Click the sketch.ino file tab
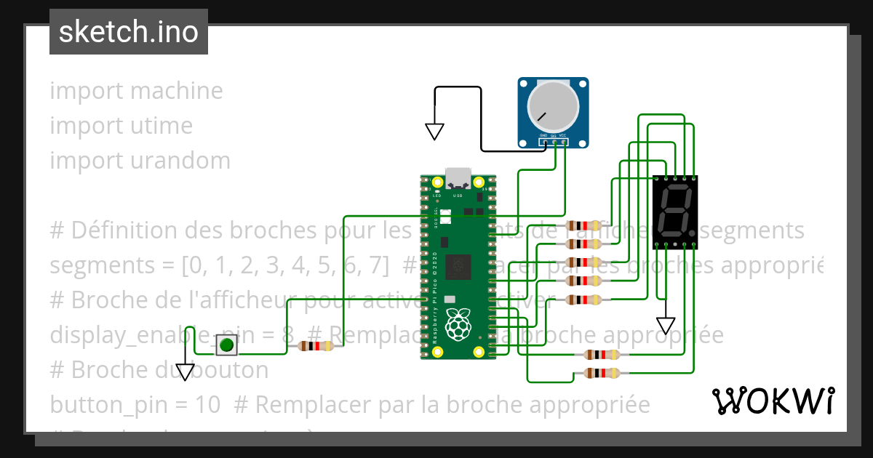[x=129, y=32]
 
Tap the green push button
[x=227, y=345]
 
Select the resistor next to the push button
[x=315, y=346]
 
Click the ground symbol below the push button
[x=186, y=372]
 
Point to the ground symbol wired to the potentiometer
[x=434, y=131]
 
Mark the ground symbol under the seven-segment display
[x=666, y=325]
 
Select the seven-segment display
[x=676, y=214]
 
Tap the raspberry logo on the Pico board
[x=458, y=324]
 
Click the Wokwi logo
[x=773, y=401]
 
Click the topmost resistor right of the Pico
[x=583, y=225]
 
